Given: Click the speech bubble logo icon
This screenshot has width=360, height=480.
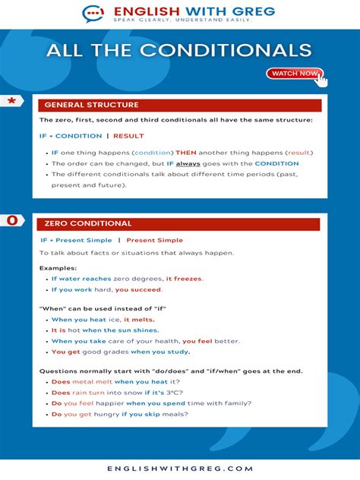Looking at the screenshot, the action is point(93,14).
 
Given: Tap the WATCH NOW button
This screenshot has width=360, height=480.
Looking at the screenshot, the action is point(294,74).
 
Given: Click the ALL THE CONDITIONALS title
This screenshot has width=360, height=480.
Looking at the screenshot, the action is point(179,50).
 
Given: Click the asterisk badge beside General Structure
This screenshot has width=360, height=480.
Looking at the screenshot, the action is point(11,102).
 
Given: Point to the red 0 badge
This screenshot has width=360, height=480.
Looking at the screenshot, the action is point(11,220).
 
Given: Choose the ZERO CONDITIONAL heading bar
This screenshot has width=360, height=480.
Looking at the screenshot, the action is point(178,224).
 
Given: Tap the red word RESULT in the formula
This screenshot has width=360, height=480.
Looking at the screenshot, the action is point(128,136).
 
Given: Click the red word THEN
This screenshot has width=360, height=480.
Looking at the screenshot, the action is point(186,153).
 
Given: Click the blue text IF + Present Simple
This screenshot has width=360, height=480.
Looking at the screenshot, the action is point(76,240).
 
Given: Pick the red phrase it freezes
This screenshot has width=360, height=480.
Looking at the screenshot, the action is point(184,279).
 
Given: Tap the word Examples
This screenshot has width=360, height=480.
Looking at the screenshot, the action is point(58,268).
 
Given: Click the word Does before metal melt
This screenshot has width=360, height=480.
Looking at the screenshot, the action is point(61,381).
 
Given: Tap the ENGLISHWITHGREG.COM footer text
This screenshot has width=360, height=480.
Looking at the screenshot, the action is point(179,469).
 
